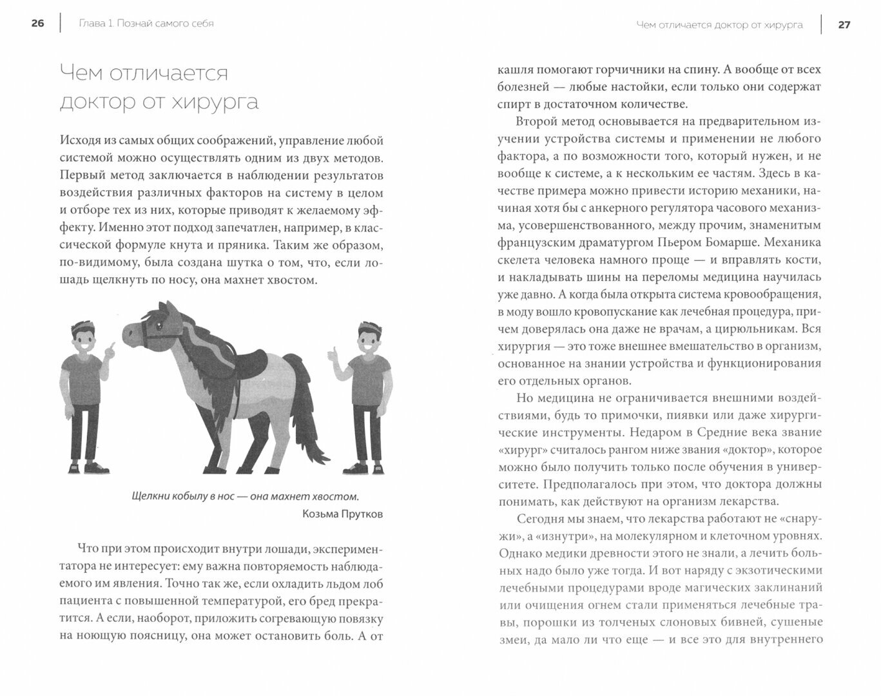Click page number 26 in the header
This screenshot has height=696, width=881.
point(37,24)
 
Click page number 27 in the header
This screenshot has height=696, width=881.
point(844,25)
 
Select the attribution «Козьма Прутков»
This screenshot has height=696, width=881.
point(342,514)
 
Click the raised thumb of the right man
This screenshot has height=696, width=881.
point(333,351)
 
